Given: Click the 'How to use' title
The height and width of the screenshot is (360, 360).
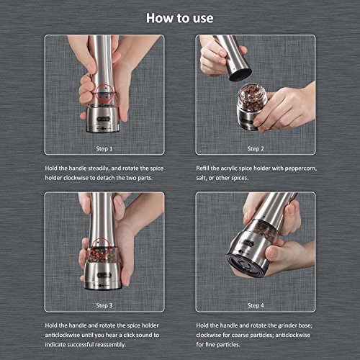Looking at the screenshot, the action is pos(180,18).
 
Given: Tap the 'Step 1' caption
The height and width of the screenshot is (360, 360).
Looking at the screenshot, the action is pos(104,149).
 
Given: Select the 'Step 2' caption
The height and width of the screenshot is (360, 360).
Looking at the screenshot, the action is pos(256,149).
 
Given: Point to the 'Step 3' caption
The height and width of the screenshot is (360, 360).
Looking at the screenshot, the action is pos(104,305).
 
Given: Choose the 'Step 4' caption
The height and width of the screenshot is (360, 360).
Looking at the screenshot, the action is pos(256,305).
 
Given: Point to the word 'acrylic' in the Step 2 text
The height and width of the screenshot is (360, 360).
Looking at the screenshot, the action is pos(228,168).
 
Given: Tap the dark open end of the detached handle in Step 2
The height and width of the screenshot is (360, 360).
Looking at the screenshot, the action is pos(240,75).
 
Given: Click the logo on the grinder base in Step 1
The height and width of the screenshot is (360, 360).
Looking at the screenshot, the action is pos(104,119).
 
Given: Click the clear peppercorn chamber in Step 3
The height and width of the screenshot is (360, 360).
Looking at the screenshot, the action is pos(102,255).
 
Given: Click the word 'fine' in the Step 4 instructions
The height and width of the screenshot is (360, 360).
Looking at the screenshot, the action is pos(210,345).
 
